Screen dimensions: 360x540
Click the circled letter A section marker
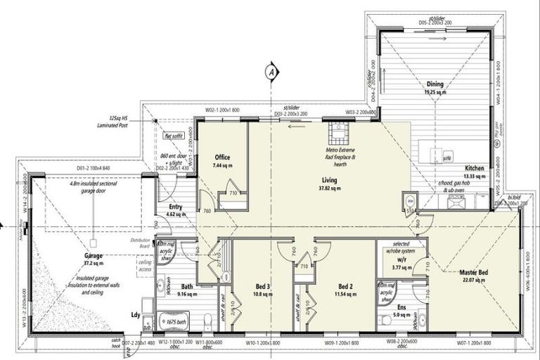point(269,70)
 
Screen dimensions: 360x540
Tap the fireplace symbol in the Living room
point(336,133)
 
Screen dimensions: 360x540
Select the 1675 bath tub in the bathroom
point(171,322)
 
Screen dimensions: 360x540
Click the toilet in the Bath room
point(209,322)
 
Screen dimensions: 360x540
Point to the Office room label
point(223,157)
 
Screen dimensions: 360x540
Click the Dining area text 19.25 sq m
point(435,92)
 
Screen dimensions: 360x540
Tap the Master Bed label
point(475,272)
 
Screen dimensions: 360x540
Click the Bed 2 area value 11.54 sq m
point(345,295)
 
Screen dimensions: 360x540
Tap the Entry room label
point(176,207)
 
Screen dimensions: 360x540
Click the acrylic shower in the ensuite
point(386,293)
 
